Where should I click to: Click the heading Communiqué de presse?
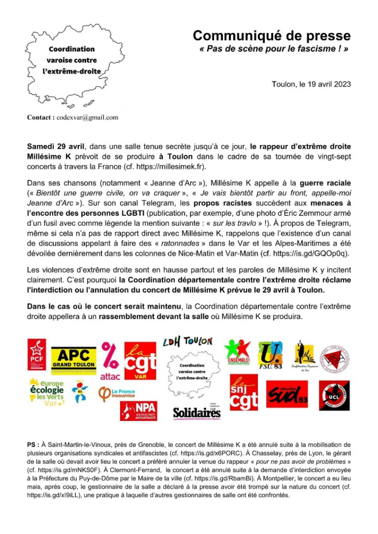coord(271,35)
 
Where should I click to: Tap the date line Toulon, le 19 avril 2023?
coord(311,84)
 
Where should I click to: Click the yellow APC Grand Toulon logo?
coord(74,359)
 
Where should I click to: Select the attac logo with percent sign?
coord(110,360)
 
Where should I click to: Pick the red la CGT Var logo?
coord(140,360)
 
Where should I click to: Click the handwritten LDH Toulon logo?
coord(187,342)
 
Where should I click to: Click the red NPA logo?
coord(138,410)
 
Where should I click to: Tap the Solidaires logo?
coord(197,413)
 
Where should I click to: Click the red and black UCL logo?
coord(334,395)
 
